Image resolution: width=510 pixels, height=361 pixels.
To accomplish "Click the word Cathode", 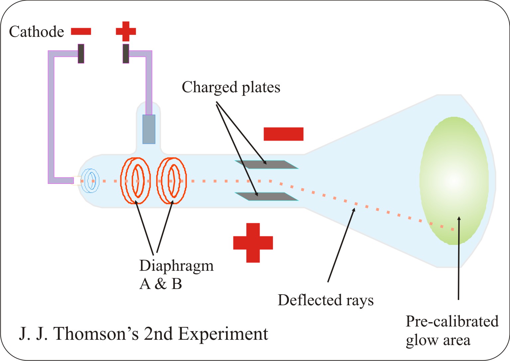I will tap(36, 32).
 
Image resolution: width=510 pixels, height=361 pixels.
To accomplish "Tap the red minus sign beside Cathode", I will tap(81, 32).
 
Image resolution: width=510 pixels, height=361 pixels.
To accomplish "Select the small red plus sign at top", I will tap(126, 31).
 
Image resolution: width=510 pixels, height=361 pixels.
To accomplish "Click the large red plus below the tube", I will tap(253, 243).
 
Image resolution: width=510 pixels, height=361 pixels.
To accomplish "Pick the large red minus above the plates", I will tap(283, 134).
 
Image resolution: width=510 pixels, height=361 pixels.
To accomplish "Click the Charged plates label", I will tap(231, 87).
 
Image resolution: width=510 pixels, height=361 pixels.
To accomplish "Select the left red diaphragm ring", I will tap(135, 180).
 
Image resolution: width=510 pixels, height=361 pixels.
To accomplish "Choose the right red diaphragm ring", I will tap(172, 180).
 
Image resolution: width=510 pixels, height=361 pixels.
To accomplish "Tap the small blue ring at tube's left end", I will tap(90, 181).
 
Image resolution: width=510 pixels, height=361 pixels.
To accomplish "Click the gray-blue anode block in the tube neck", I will tap(149, 129).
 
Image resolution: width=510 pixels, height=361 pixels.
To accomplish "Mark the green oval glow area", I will tap(454, 181).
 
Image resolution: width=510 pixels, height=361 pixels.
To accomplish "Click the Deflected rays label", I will tap(325, 300).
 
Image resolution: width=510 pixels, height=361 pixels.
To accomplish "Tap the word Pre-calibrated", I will tap(452, 321).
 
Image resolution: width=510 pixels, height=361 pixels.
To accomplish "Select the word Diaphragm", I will tap(176, 266).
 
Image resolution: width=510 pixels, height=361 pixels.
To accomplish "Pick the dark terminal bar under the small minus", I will tap(81, 53).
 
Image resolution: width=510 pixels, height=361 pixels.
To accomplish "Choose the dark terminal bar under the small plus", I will tap(126, 53).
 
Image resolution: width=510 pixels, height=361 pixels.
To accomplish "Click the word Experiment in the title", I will tap(223, 333).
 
